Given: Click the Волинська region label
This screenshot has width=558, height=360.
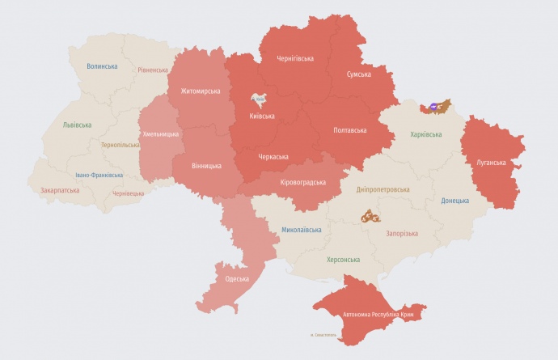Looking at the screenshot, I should pos(102,66).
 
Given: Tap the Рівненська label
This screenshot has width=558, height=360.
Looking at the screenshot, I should pos(153,70).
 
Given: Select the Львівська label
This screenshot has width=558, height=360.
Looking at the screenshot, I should pos(77,125).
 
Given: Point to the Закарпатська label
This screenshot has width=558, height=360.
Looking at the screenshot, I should pos(60,191).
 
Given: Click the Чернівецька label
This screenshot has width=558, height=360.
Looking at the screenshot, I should pos(129,193).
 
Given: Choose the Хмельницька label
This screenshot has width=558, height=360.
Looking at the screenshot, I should pos(160,133).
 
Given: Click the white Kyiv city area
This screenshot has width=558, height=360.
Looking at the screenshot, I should pos(260,101).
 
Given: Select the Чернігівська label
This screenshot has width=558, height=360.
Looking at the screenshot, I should pos(295,58).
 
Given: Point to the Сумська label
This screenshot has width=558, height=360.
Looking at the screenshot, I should pos(358,74).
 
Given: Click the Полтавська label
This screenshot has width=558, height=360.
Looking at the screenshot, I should pos(349,129).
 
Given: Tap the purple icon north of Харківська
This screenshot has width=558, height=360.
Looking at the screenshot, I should pos(435,106).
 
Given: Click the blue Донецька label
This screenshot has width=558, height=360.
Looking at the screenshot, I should pos(454,201).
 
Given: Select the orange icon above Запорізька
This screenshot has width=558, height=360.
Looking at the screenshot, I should pos(372,216).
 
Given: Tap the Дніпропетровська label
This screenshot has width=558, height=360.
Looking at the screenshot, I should pos(383,189).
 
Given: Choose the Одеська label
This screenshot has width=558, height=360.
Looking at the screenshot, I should pos(237,279).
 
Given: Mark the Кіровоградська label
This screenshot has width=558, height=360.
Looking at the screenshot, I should pos(302,183).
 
